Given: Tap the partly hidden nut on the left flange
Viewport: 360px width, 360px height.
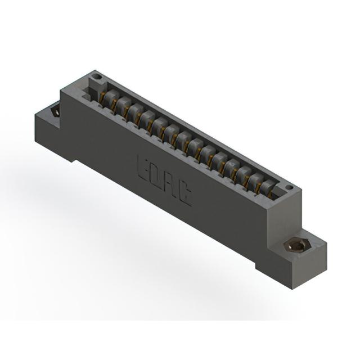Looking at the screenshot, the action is click(56, 112).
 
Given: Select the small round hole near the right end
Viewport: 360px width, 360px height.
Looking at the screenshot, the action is click(290, 187).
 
